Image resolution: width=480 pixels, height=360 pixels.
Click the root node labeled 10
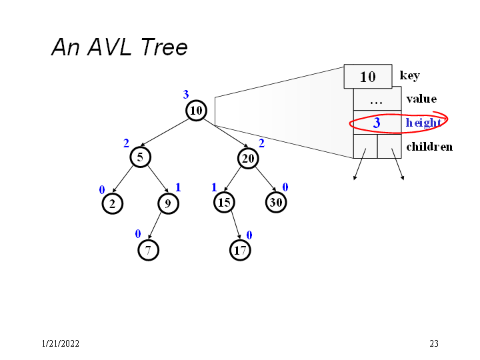point(196,111)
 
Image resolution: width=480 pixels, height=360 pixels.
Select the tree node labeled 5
point(141,157)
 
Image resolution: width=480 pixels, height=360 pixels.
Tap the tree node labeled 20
point(247,157)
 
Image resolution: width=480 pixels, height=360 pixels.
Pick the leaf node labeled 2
point(113,203)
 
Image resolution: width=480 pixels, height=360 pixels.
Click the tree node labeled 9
point(169,203)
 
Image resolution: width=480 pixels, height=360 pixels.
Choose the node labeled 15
point(223,202)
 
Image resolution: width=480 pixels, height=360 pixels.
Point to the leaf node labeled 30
point(276,202)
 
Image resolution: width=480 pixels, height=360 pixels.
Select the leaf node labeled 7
point(148,250)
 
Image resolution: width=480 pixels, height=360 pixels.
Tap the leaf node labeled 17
point(240,250)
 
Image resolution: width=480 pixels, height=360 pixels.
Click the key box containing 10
point(367,77)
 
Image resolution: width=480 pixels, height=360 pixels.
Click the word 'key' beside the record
point(409,75)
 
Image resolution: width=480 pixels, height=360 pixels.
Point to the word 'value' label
point(421,99)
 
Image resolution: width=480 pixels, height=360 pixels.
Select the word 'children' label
point(429,146)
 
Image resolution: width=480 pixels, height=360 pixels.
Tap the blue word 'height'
point(423,123)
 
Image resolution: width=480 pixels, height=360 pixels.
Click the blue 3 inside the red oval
point(377,123)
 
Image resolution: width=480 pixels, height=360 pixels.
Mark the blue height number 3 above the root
point(186,95)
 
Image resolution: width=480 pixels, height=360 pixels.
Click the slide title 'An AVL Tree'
point(119,47)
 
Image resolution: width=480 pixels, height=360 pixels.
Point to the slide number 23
point(434,344)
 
